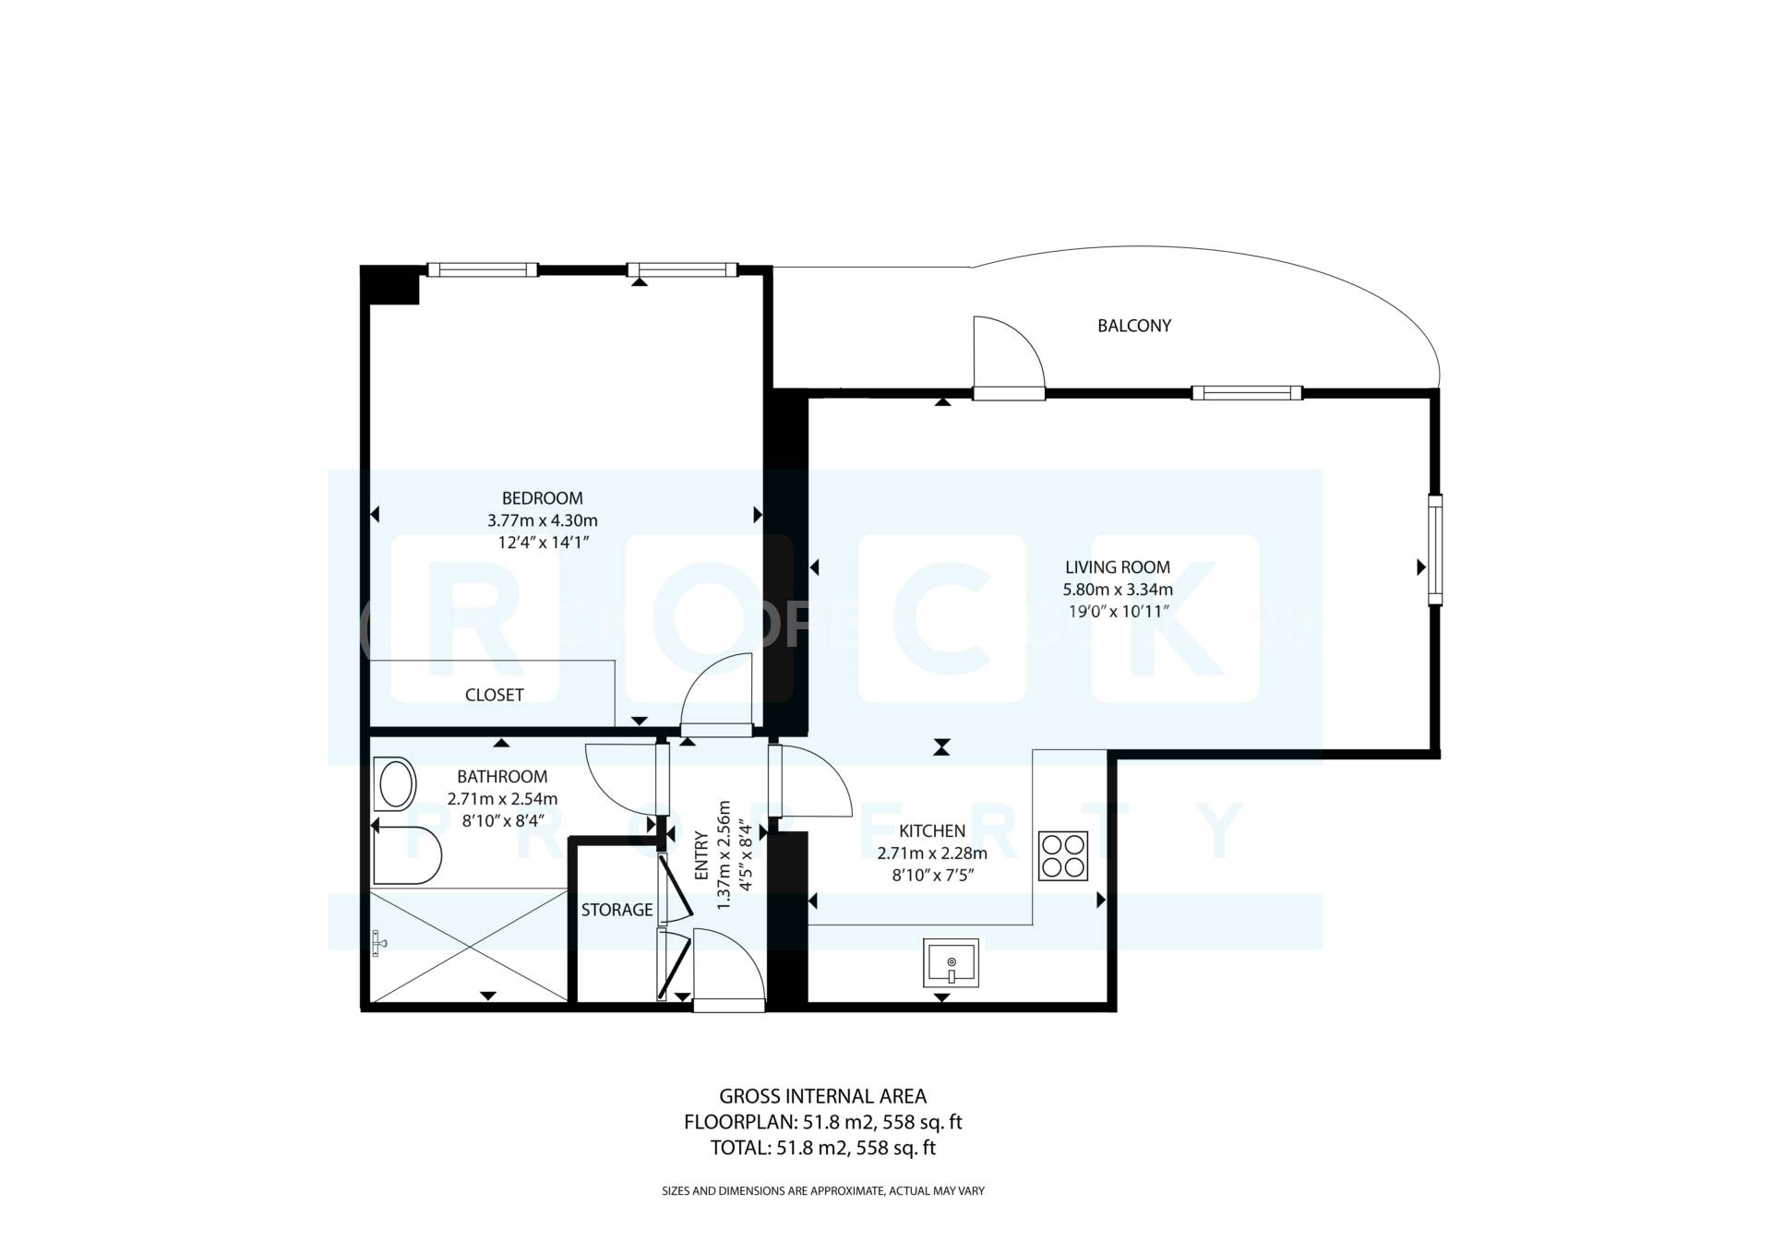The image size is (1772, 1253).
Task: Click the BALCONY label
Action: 1133,326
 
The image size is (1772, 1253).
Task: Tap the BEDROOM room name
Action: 542,498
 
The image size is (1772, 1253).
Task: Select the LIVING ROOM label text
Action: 1117,567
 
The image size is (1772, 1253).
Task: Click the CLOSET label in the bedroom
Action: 494,695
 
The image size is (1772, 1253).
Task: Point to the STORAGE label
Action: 617,910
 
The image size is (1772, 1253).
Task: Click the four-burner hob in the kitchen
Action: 1062,855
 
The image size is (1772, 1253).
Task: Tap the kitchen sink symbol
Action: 951,963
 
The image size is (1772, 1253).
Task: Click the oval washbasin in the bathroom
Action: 397,784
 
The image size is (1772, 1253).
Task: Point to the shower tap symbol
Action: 379,943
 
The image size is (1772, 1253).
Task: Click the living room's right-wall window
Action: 1435,550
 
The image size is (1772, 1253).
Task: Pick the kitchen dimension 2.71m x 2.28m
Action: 932,853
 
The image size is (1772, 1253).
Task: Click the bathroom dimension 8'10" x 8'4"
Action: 502,820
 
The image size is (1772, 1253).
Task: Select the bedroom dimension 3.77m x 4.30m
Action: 542,520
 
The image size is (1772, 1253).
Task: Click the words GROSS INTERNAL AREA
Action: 822,1096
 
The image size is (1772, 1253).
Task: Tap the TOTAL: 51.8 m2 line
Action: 822,1148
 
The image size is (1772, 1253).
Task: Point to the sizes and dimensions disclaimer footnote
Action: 822,1191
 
